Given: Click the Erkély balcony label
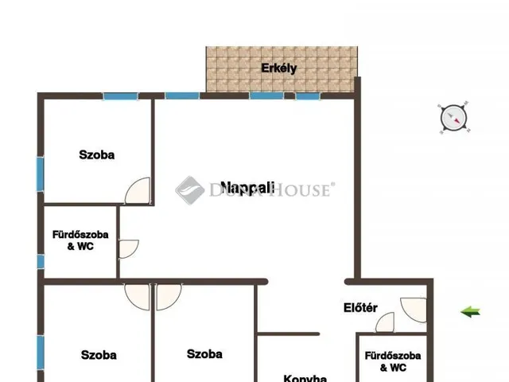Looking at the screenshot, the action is click(x=279, y=68).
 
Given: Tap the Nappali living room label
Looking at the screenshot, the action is click(x=247, y=188).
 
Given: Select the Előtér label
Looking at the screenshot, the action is click(x=360, y=308).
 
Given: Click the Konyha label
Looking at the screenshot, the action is click(x=305, y=378).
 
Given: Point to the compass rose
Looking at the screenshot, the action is click(x=454, y=118).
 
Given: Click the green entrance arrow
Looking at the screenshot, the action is click(x=470, y=312).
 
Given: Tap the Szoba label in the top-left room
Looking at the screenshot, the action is click(x=97, y=154).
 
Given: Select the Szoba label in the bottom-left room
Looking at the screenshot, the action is click(x=99, y=355).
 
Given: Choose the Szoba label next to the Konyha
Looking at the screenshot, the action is click(x=204, y=353).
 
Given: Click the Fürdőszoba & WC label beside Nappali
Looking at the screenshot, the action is click(x=80, y=240).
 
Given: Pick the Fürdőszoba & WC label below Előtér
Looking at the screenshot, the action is click(x=393, y=361).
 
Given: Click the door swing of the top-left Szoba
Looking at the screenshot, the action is click(x=138, y=191).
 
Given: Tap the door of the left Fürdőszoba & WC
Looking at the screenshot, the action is click(x=129, y=249).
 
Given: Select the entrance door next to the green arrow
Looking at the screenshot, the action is click(x=414, y=310).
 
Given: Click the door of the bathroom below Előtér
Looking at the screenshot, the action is click(x=385, y=322).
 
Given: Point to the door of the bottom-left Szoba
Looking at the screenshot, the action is click(x=138, y=297).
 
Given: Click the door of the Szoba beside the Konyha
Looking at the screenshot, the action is click(x=169, y=297).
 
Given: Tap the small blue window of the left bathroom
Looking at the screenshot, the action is click(x=41, y=262).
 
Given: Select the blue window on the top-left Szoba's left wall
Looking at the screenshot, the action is click(x=40, y=174).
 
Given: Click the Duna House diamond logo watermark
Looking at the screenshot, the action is click(x=190, y=190).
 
